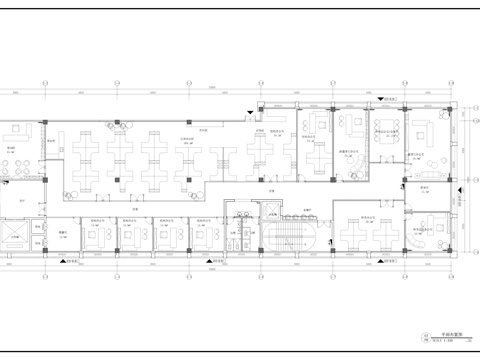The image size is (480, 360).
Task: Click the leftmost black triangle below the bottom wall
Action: [65, 262]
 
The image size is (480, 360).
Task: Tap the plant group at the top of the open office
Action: [118, 124]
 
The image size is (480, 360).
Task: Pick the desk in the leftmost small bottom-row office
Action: [99, 234]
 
